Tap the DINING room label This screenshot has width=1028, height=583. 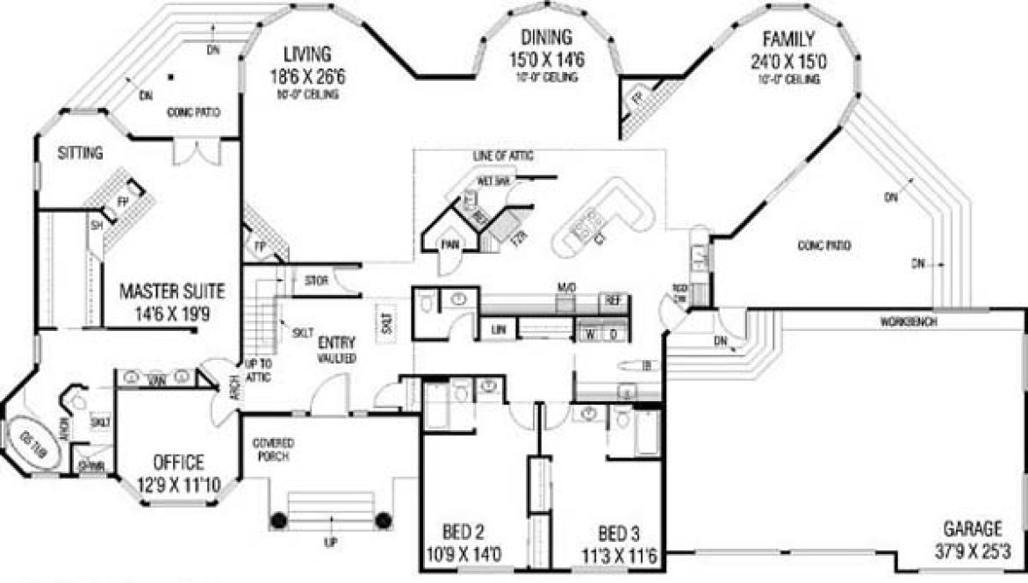[545, 37]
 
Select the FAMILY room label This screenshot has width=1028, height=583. [788, 39]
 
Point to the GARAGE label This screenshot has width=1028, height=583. [972, 529]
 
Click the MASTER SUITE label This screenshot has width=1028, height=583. [173, 289]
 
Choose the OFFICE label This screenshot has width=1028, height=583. [178, 462]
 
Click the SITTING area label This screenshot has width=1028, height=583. [81, 153]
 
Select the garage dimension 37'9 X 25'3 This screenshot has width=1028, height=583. [974, 552]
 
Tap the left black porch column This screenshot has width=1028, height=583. [278, 520]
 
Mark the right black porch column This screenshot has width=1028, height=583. [383, 520]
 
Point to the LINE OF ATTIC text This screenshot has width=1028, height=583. [503, 155]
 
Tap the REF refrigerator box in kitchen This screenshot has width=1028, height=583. [612, 300]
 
